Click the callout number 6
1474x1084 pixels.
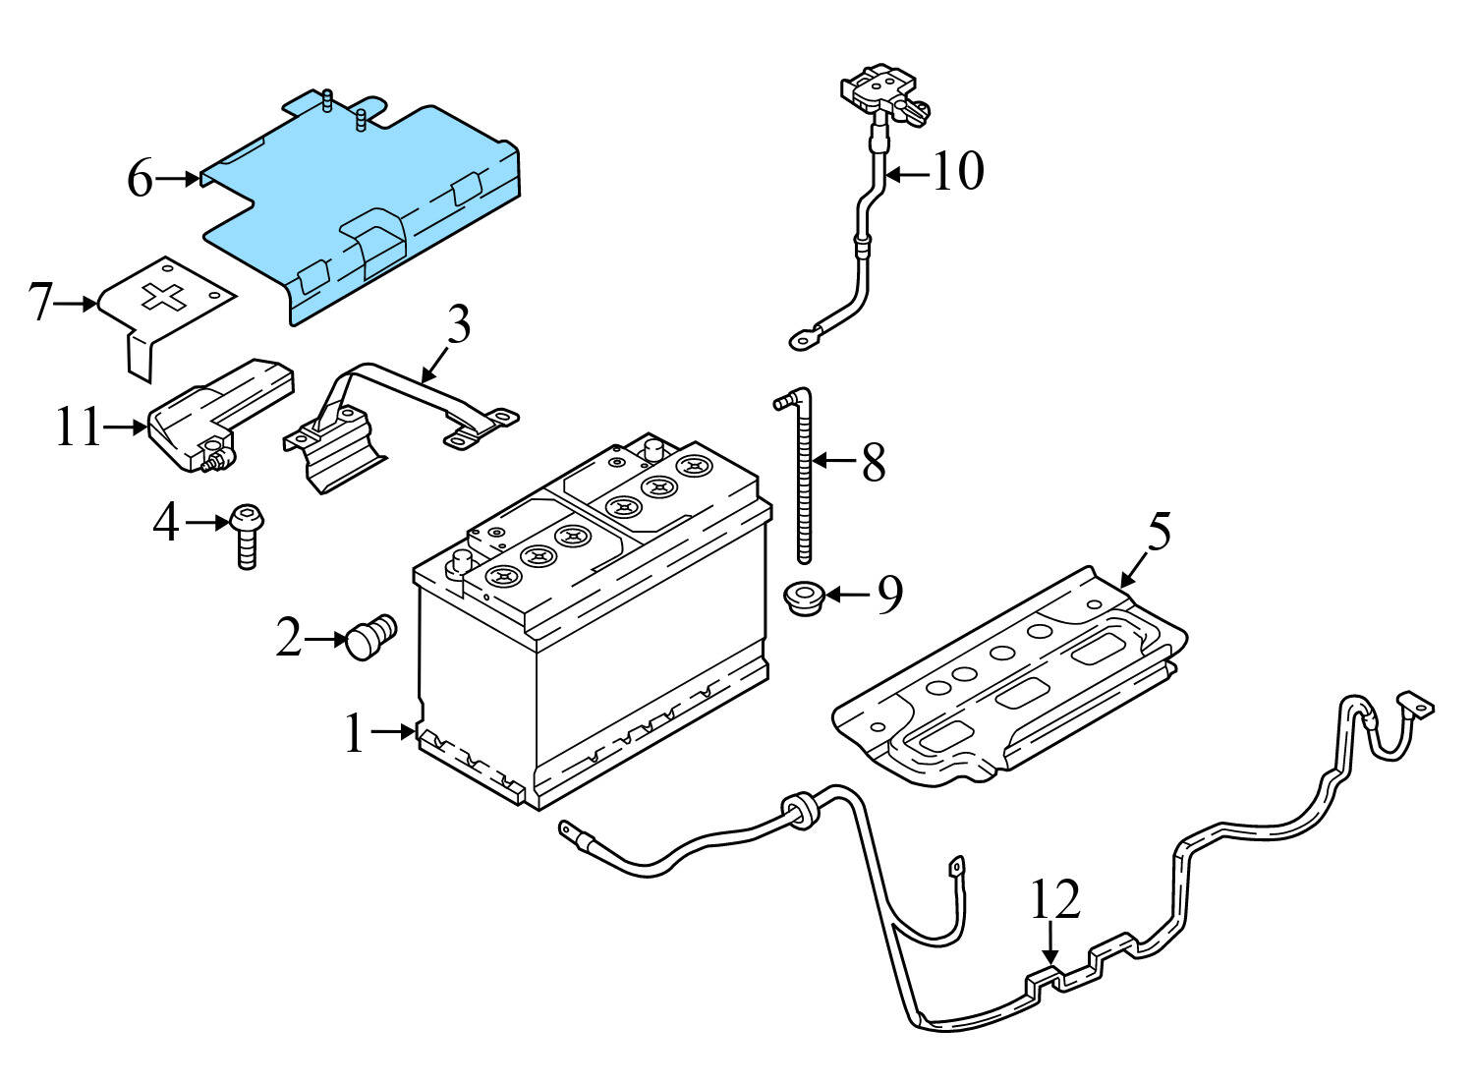[x=140, y=181]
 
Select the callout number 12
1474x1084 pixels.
[x=1055, y=899]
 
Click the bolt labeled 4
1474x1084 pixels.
[x=246, y=536]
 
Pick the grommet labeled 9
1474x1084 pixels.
[x=802, y=595]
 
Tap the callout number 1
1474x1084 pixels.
[x=355, y=734]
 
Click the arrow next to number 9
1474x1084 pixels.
[x=847, y=595]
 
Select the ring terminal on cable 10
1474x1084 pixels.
[x=803, y=341]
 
